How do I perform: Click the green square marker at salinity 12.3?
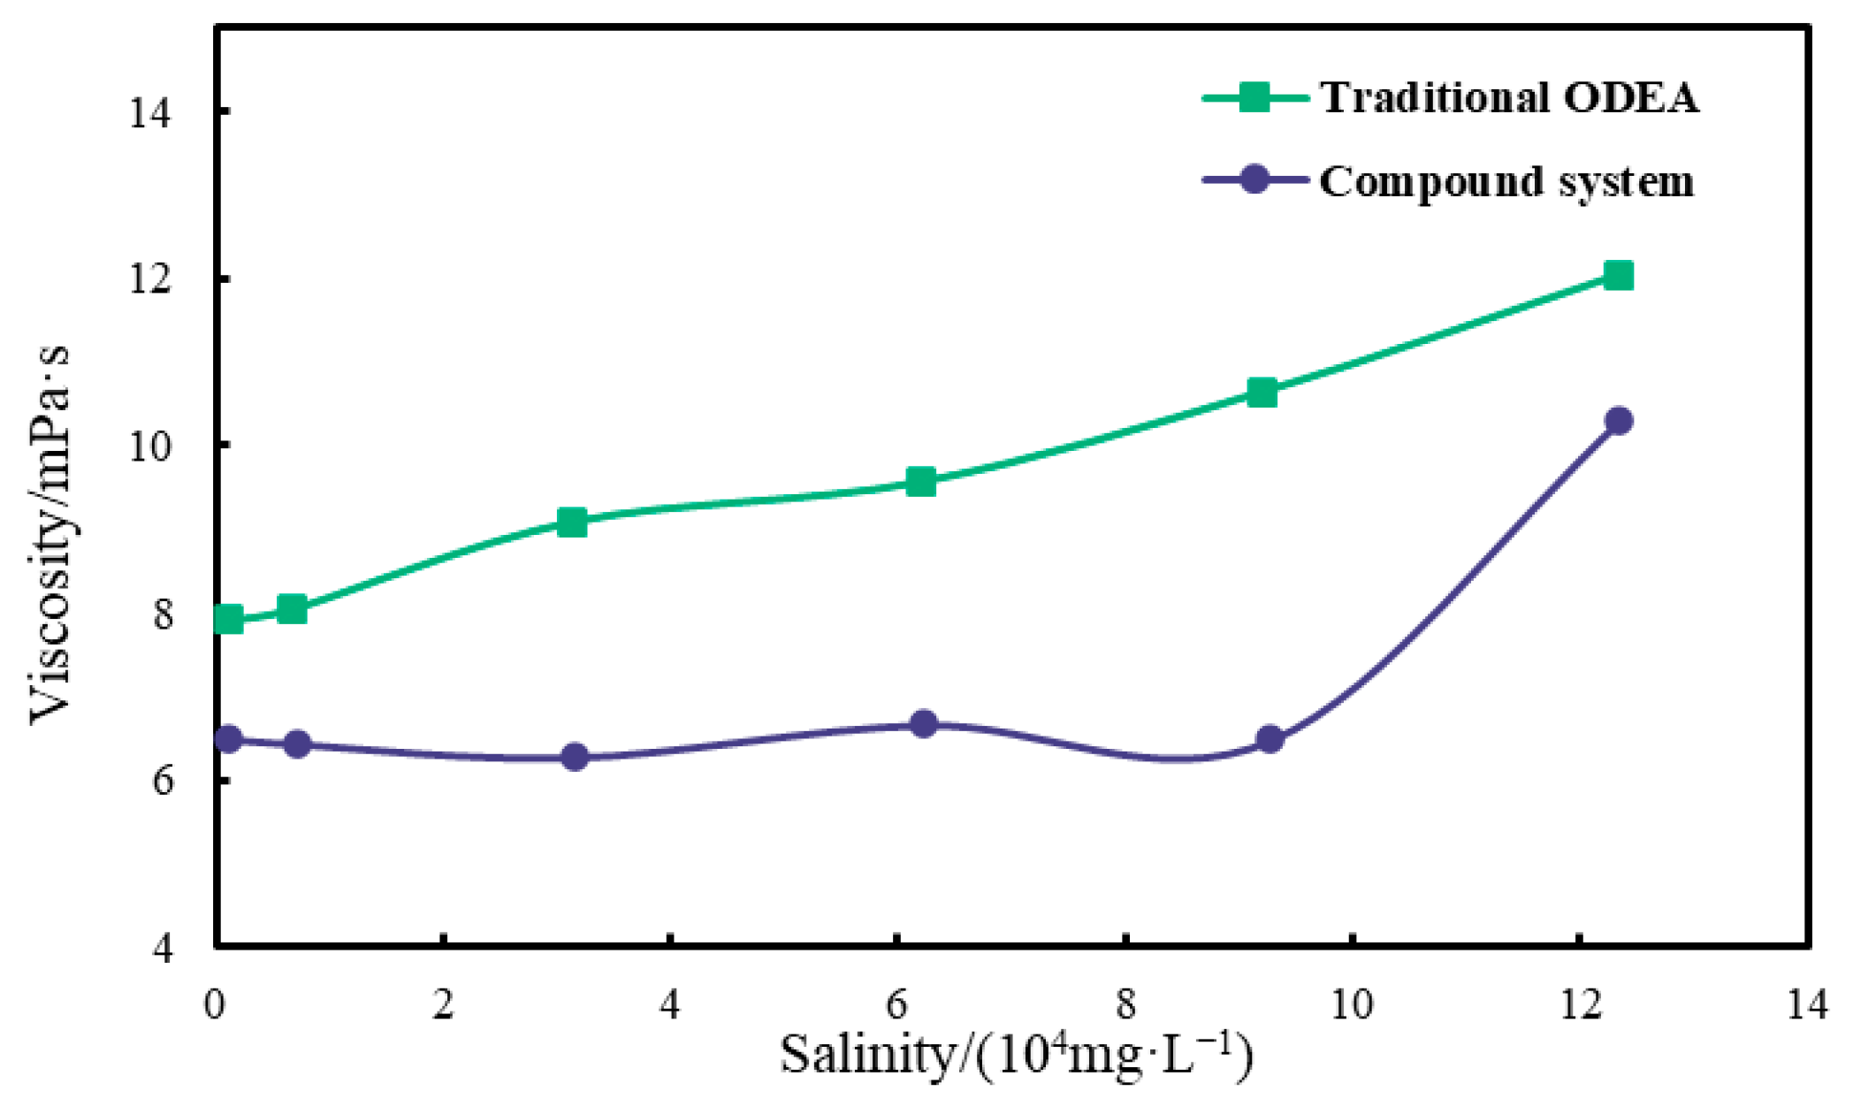(1618, 276)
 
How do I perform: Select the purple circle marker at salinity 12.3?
(1618, 421)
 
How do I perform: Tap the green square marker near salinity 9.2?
(1262, 393)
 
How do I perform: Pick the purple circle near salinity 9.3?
(1270, 739)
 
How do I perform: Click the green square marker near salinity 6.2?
(920, 482)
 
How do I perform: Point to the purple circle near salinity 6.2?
(923, 724)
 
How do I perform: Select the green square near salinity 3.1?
(572, 522)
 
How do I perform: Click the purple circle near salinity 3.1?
(575, 758)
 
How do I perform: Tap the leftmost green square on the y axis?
(229, 619)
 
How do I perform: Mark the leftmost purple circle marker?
(229, 738)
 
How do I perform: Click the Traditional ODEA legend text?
(1509, 97)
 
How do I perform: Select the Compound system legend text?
(1506, 182)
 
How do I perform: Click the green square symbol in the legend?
(1254, 97)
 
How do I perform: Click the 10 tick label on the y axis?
(150, 446)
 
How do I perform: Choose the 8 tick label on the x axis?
(1125, 1005)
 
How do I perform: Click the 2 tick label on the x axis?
(443, 1005)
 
